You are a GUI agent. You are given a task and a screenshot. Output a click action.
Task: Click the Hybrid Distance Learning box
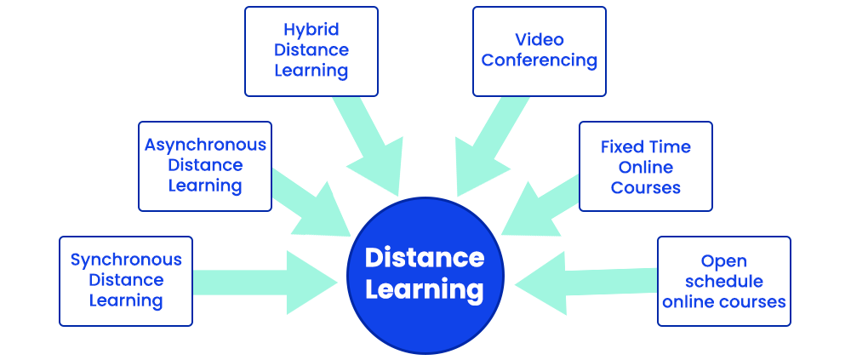point(311,51)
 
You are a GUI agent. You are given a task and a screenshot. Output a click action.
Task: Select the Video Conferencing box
point(540,51)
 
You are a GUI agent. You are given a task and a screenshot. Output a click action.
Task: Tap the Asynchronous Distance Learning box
point(205,166)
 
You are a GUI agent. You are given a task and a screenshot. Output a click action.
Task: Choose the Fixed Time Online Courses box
point(646,166)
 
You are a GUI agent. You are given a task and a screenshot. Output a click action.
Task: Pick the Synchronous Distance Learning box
point(126,281)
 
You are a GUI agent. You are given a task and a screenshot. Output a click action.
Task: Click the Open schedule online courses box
point(724,281)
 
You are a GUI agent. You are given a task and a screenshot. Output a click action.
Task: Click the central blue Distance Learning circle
point(425,273)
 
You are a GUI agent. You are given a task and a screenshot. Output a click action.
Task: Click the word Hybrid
point(311,30)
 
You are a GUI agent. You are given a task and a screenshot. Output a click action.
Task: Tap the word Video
point(540,40)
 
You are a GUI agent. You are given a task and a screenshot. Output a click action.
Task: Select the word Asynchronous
point(205,145)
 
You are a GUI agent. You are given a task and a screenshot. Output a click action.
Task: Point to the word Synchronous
point(126,260)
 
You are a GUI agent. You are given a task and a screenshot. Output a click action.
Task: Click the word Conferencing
point(540,61)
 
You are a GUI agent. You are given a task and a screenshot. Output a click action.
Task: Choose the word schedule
point(724,281)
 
